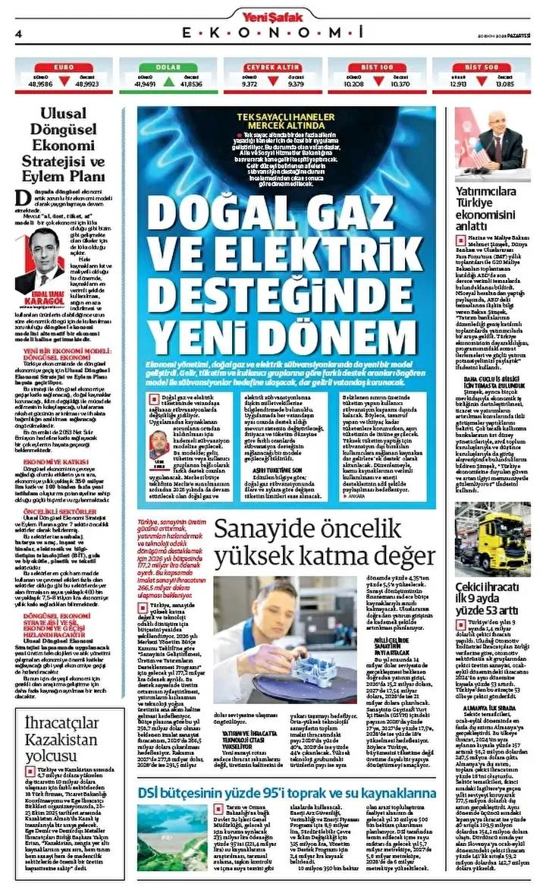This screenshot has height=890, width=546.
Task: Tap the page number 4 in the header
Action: tap(17, 33)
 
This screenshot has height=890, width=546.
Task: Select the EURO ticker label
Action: tap(64, 68)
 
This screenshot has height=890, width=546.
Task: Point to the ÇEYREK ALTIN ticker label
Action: tap(272, 68)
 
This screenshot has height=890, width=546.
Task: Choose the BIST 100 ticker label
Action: tap(376, 68)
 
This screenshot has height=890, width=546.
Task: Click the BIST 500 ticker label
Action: tap(481, 68)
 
